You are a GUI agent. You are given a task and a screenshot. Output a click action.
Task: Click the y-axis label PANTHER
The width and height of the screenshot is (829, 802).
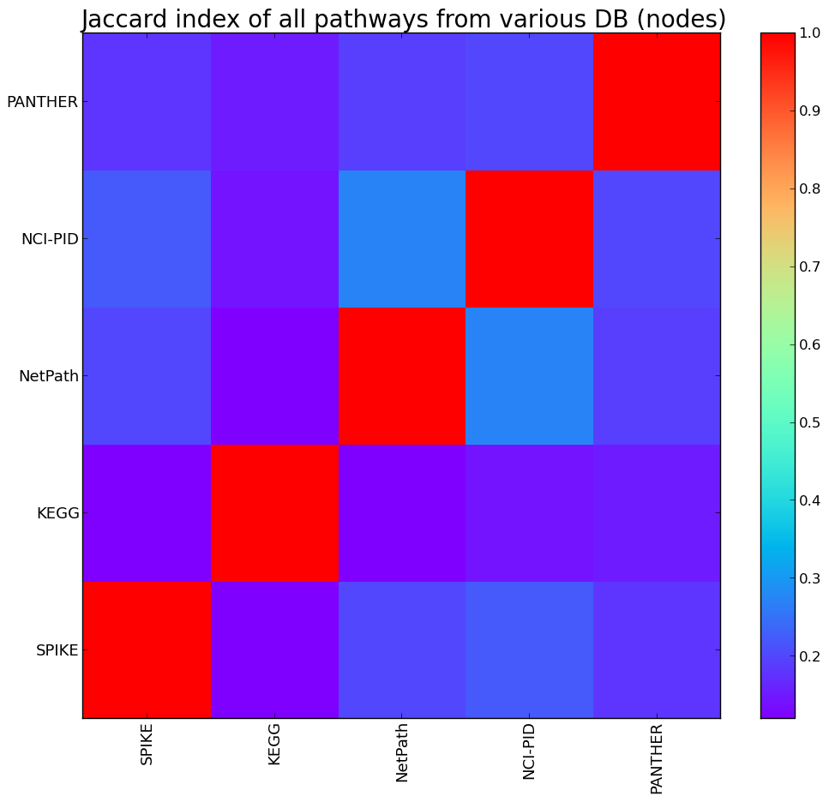pyautogui.click(x=42, y=102)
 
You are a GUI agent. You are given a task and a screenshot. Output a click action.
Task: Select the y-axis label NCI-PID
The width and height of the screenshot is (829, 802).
pyautogui.click(x=50, y=239)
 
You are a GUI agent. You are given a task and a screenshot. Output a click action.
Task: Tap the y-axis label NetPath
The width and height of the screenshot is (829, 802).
pyautogui.click(x=49, y=376)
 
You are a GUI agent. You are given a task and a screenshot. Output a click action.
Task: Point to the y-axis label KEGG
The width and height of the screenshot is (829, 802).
pyautogui.click(x=58, y=513)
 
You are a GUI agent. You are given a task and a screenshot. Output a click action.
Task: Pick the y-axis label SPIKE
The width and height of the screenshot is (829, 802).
pyautogui.click(x=57, y=650)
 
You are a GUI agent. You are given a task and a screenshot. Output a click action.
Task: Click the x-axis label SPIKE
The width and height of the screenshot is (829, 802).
pyautogui.click(x=147, y=744)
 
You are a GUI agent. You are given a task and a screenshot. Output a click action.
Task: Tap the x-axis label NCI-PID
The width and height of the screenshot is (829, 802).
pyautogui.click(x=529, y=751)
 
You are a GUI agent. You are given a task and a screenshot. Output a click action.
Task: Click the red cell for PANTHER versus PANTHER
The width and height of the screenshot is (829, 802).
pyautogui.click(x=657, y=102)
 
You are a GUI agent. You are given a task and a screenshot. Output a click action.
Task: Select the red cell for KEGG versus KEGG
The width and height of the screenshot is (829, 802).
pyautogui.click(x=274, y=513)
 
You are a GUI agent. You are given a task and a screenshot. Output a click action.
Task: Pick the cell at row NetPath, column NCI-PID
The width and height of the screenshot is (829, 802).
pyautogui.click(x=529, y=376)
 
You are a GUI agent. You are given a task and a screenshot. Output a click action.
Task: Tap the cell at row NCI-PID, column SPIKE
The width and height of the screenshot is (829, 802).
pyautogui.click(x=147, y=239)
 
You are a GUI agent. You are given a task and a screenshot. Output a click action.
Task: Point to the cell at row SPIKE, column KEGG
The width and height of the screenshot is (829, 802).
pyautogui.click(x=274, y=650)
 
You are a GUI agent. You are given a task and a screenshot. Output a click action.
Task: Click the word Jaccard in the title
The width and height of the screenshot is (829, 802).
pyautogui.click(x=128, y=19)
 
